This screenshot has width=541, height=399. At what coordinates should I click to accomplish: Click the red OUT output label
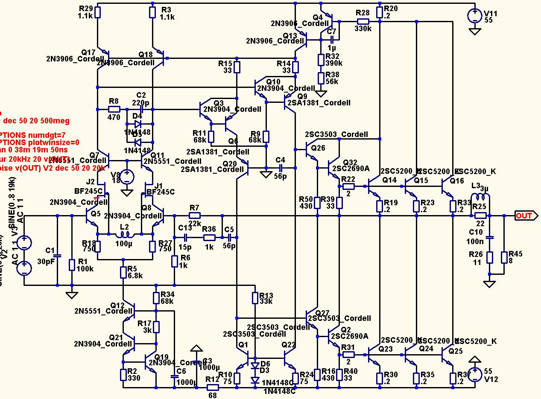[x=524, y=216]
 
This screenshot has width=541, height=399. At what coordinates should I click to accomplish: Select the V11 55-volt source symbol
[x=474, y=16]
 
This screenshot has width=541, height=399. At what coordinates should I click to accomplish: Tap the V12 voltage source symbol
[x=474, y=373]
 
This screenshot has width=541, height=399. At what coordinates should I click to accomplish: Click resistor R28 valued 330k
[x=363, y=21]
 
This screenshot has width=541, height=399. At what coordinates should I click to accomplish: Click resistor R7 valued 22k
[x=194, y=216]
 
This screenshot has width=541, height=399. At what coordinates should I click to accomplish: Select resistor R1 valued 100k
[x=72, y=265]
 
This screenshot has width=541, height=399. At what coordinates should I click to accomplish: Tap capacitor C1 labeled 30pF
[x=57, y=256]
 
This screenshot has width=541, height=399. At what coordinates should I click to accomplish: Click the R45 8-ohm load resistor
[x=504, y=257]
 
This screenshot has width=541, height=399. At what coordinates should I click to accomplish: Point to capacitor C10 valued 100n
[x=490, y=237]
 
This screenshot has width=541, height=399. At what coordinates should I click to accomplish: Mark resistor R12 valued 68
[x=212, y=387]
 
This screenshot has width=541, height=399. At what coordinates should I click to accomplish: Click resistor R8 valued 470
[x=114, y=109]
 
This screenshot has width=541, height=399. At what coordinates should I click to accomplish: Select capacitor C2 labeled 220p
[x=141, y=109]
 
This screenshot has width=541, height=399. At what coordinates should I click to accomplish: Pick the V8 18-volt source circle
[x=126, y=176]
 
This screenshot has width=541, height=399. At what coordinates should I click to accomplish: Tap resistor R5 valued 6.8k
[x=123, y=271]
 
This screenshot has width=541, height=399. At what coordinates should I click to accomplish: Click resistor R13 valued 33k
[x=255, y=297]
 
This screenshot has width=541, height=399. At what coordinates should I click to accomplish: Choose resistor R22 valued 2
[x=348, y=186]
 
